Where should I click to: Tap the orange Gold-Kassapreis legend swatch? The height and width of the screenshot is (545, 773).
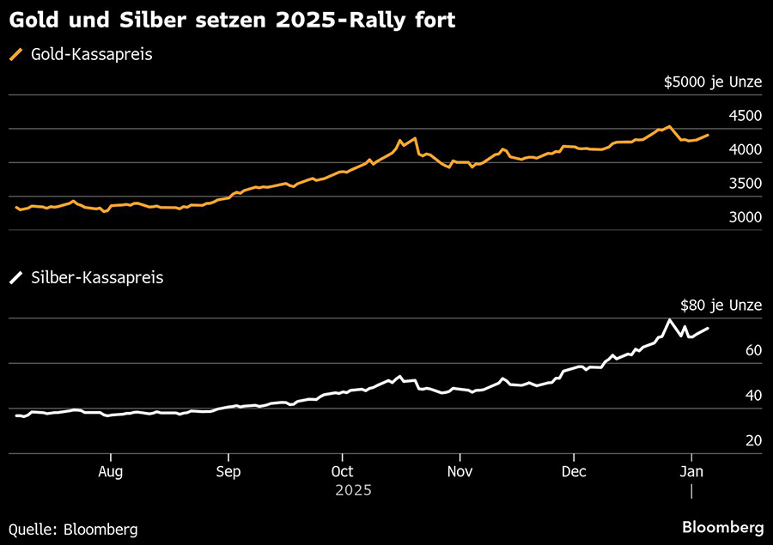[x=16, y=55]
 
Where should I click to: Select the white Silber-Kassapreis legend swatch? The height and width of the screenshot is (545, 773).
[x=16, y=278]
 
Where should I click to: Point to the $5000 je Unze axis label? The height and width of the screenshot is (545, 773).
[x=712, y=82]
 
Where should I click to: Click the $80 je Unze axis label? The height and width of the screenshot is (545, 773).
[x=721, y=305]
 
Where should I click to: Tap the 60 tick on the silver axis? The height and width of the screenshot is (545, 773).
[x=752, y=350]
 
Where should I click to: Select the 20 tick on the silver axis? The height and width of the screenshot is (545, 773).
[x=752, y=440]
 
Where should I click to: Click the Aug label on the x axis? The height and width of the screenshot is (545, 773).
[x=111, y=471]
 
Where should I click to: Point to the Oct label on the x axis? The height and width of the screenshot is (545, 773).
[x=343, y=471]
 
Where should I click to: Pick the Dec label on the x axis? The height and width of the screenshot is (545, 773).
[x=574, y=471]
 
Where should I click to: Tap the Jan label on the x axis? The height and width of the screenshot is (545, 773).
[x=691, y=471]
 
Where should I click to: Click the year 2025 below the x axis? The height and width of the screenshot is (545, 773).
[x=353, y=490]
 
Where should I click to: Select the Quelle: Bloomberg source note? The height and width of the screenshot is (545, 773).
[x=73, y=529]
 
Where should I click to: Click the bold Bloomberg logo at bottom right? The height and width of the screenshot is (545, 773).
[x=722, y=527]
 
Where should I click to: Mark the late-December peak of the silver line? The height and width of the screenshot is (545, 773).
[x=669, y=320]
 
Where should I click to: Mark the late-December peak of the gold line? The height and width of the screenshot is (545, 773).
[x=669, y=126]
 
